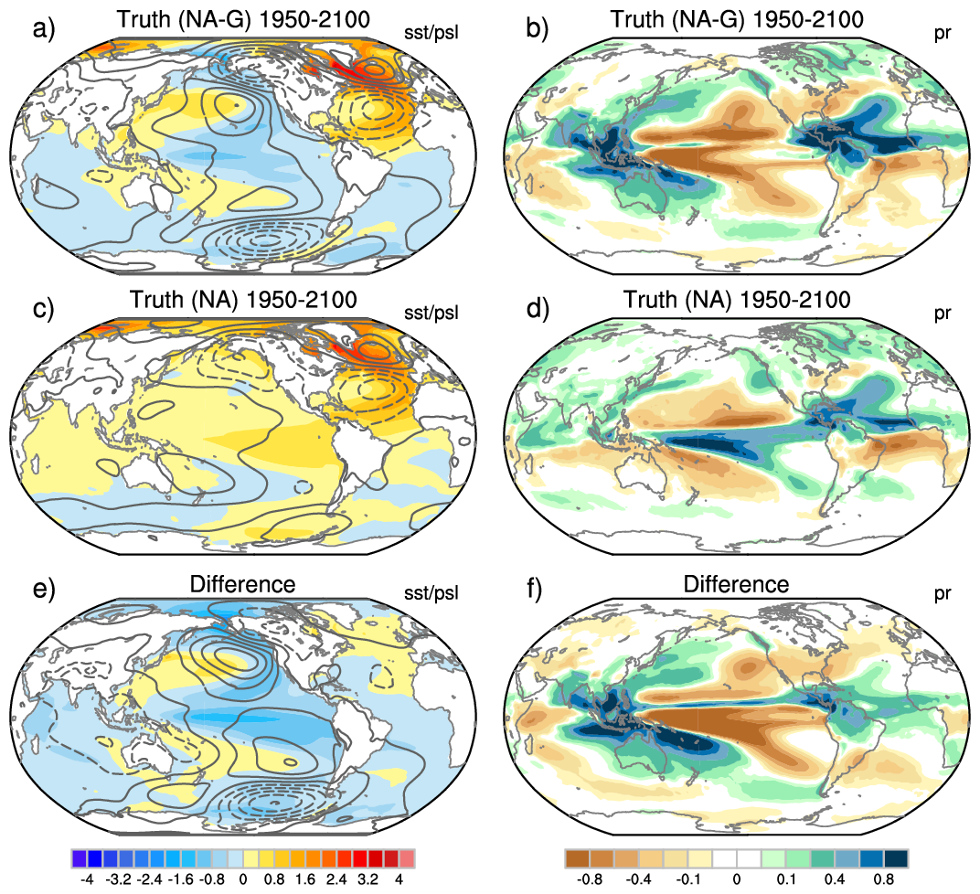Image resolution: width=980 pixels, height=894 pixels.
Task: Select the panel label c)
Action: click(x=43, y=307)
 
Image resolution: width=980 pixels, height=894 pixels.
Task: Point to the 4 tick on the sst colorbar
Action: click(x=399, y=880)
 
